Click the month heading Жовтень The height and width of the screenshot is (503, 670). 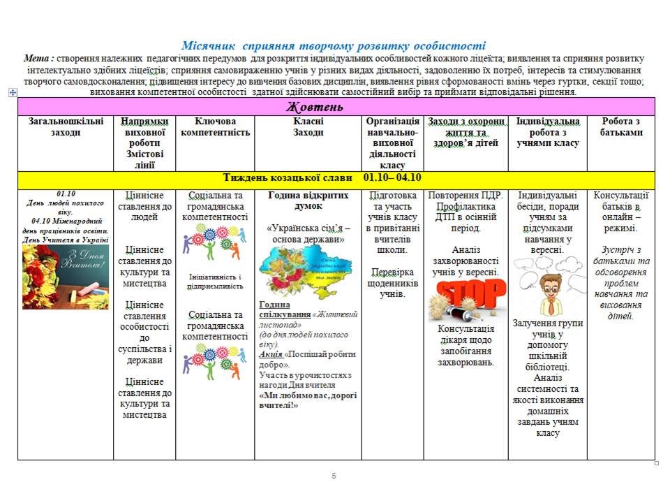click(x=315, y=107)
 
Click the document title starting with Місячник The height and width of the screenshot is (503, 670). click(x=334, y=45)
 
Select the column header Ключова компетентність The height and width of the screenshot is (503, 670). click(x=215, y=126)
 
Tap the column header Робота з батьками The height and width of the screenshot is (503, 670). click(x=621, y=126)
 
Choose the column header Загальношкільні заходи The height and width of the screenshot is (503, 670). click(x=66, y=126)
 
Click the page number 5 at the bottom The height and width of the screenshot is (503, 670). click(x=334, y=476)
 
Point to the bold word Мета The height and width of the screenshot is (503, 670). click(x=38, y=58)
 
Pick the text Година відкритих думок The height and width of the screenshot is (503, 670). click(x=308, y=201)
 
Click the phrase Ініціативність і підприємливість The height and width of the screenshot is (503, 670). click(x=216, y=281)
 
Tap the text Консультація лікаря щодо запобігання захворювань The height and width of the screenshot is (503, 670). click(x=466, y=345)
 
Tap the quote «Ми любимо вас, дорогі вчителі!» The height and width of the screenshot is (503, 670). click(x=308, y=400)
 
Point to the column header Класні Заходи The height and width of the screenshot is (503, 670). click(x=308, y=126)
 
